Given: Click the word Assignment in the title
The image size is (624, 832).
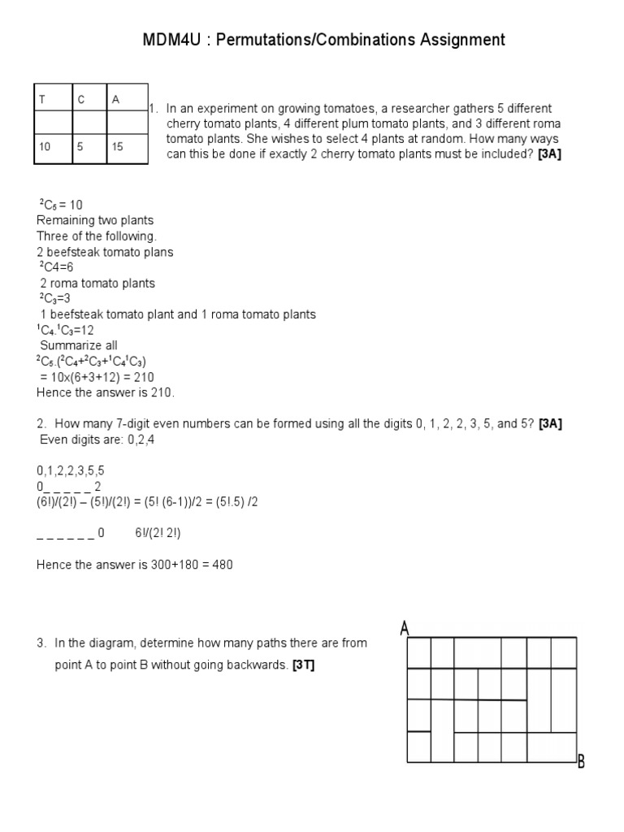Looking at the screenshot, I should tap(458, 40).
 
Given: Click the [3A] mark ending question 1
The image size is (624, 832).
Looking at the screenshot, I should tap(549, 154).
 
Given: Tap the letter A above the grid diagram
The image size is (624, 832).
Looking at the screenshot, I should tap(404, 628).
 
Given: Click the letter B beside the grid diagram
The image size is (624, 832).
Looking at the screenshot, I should tap(581, 761).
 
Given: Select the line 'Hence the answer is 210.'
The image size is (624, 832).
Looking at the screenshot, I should tap(106, 392).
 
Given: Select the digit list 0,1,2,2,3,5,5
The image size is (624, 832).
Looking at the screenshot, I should tap(71, 470).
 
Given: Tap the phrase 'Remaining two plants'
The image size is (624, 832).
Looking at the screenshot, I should tap(95, 220).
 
